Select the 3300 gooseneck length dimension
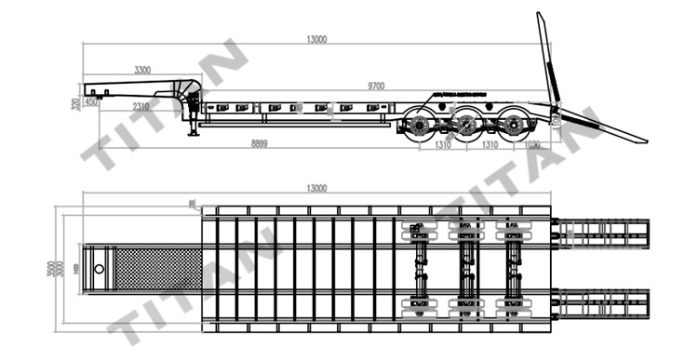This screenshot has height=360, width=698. coord(143,71)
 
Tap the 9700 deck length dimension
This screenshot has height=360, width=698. coord(377,86)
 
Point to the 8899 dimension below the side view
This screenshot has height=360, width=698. coord(265,144)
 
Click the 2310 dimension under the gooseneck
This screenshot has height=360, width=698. coord(141,107)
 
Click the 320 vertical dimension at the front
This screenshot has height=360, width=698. coord(75,104)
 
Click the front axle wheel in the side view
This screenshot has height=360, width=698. coord(420,127)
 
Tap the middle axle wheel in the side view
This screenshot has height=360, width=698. coord(465,127)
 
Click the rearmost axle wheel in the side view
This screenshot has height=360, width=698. coord(511,127)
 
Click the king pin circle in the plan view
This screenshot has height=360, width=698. coord(98,270)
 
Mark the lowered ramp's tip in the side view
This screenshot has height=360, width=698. coord(644,140)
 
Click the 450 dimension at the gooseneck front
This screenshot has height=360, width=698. coord(91,102)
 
